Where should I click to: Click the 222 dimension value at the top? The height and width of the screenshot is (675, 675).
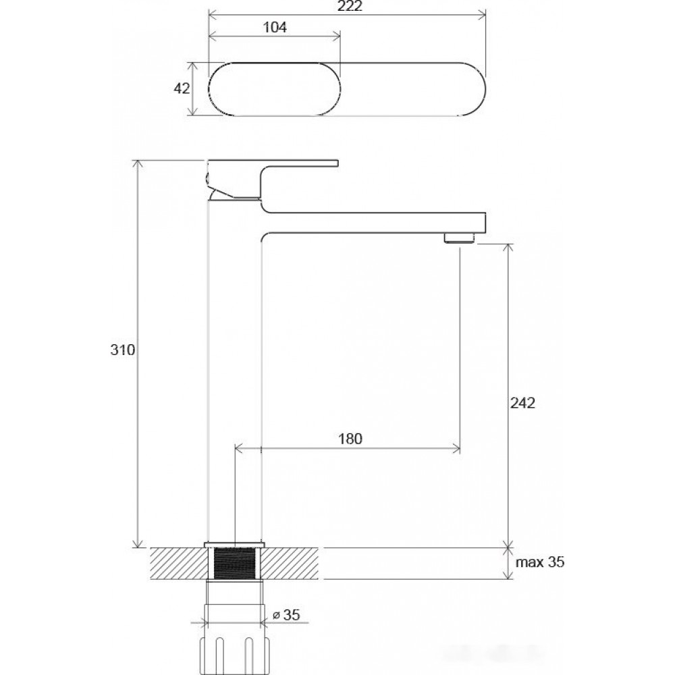point(350,6)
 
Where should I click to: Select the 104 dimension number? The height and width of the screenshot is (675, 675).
point(275,28)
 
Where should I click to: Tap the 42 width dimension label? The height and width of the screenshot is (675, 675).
point(181,88)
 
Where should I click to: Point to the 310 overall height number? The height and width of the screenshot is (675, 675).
point(123,350)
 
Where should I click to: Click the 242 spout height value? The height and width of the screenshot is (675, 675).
point(522,403)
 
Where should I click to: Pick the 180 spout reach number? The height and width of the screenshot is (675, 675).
point(350,439)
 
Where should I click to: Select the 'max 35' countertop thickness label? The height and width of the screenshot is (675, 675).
point(540,562)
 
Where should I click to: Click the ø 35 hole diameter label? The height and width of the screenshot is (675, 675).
point(287,615)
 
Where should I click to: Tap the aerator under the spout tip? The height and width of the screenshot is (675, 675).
point(459,238)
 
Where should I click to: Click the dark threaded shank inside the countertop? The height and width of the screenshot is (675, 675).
point(235,564)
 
